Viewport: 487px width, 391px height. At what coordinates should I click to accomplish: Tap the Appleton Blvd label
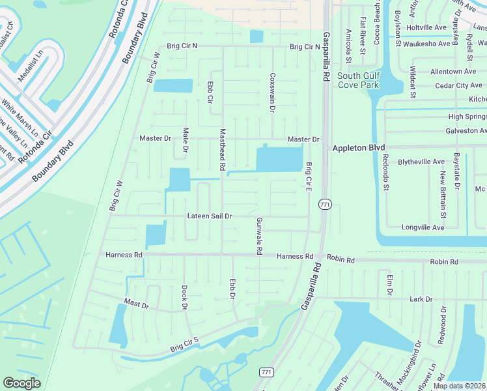pyautogui.click(x=359, y=148)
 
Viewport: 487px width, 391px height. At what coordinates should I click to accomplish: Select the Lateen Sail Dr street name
pyautogui.click(x=210, y=215)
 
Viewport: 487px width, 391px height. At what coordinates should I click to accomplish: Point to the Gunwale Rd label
pyautogui.click(x=259, y=235)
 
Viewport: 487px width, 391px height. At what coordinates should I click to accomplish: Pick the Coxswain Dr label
pyautogui.click(x=272, y=92)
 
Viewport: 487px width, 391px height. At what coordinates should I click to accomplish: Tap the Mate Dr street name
pyautogui.click(x=186, y=140)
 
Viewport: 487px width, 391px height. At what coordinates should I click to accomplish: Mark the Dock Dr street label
pyautogui.click(x=184, y=297)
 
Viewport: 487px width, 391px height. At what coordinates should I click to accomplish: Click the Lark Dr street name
pyautogui.click(x=421, y=299)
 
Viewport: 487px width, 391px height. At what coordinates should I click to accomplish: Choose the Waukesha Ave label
pyautogui.click(x=427, y=44)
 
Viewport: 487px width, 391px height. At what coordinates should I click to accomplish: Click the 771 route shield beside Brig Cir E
pyautogui.click(x=325, y=205)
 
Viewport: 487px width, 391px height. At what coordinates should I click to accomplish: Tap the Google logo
pyautogui.click(x=21, y=383)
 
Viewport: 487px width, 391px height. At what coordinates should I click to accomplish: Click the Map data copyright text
pyautogui.click(x=460, y=386)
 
